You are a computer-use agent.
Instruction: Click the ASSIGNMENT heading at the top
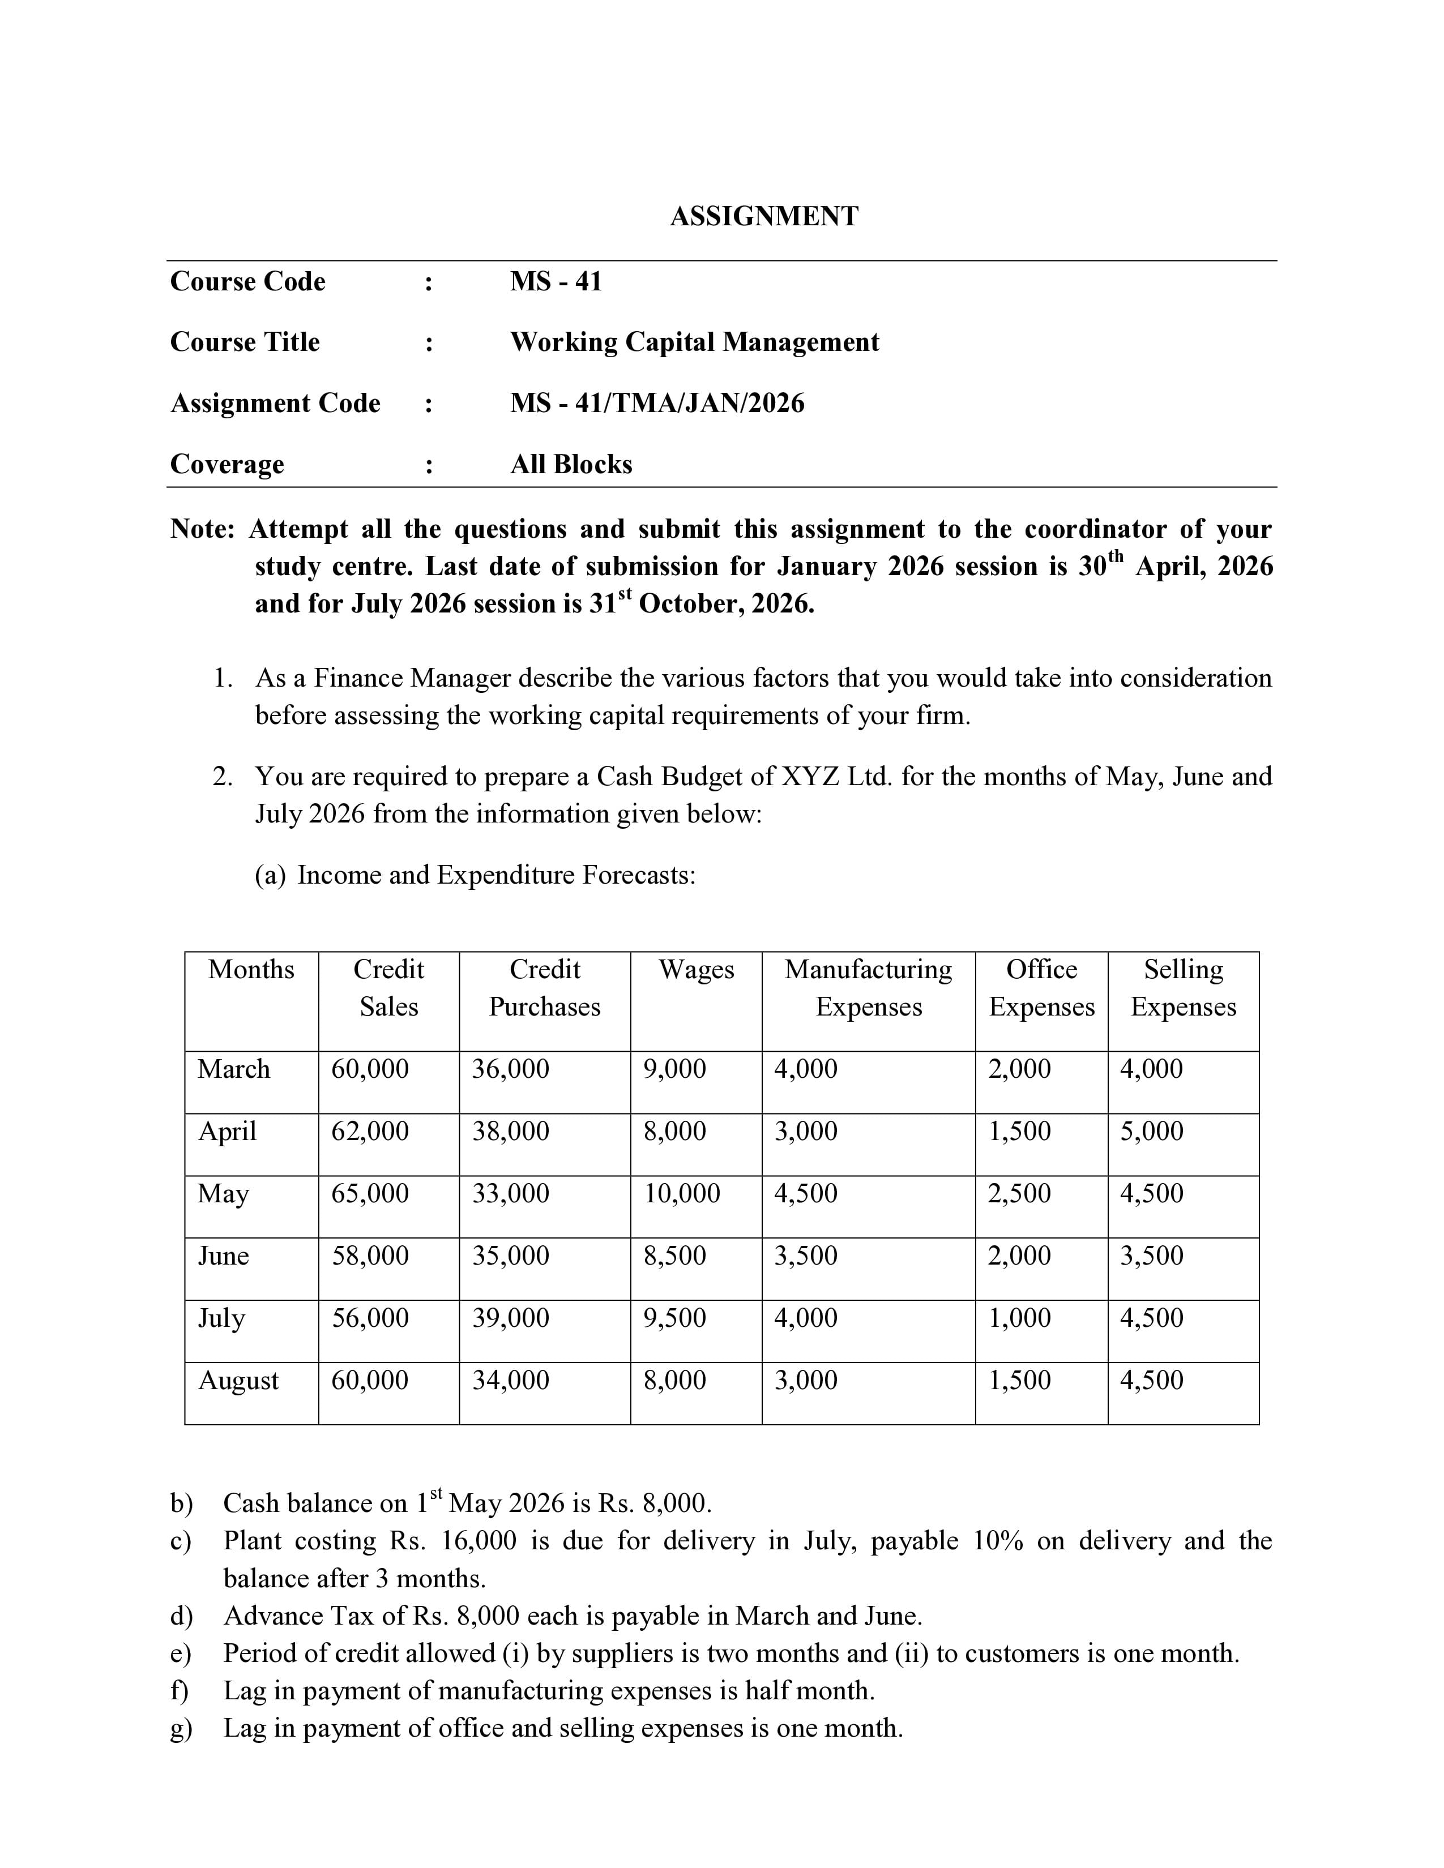(763, 216)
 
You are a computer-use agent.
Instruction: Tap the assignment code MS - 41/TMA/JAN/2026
(657, 403)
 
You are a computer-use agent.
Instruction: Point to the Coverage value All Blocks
(571, 464)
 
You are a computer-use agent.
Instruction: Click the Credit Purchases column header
(544, 988)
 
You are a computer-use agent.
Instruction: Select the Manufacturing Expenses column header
(868, 988)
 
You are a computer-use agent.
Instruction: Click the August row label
(238, 1381)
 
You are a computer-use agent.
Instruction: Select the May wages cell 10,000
(682, 1193)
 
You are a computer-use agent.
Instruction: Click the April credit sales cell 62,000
(370, 1131)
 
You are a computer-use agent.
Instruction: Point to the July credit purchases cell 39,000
(511, 1317)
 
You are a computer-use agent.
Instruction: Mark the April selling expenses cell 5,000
(1151, 1131)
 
